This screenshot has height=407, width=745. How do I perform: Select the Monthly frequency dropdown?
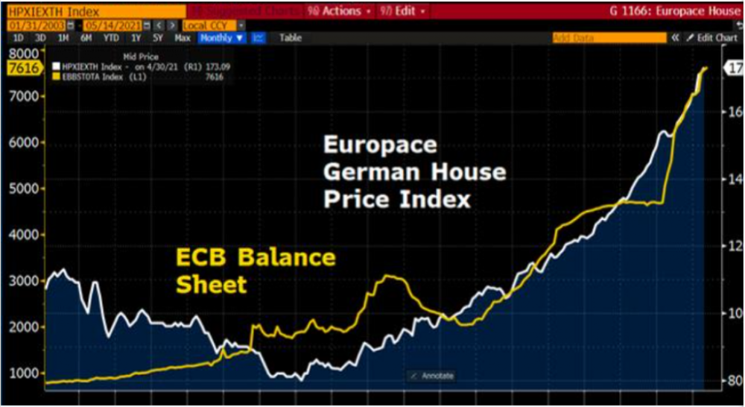[221, 38]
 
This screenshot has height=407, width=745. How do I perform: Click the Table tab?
[291, 38]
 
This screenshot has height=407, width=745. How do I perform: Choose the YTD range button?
[111, 38]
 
